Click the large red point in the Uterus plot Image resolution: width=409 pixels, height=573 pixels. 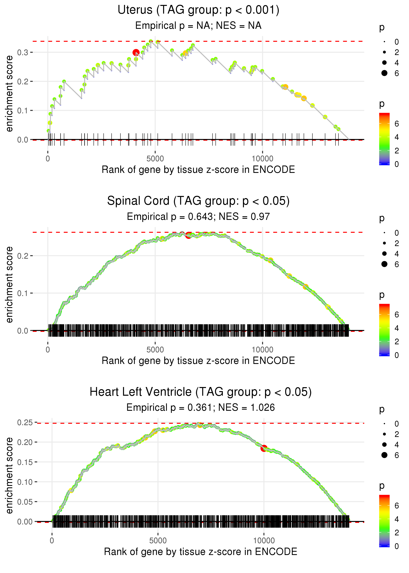coord(136,52)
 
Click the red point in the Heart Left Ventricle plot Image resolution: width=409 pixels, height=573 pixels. coord(264,448)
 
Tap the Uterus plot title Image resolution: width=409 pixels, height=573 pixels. coord(198,10)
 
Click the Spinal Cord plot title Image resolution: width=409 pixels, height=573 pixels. coord(198,201)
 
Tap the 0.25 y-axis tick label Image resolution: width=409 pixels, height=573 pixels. coord(25,423)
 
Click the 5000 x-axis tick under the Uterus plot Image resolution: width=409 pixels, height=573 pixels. coord(155,159)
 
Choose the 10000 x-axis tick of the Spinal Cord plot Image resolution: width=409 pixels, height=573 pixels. coord(262,350)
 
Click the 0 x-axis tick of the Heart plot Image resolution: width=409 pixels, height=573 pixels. coord(52,540)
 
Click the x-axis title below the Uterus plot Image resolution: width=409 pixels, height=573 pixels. coord(198,170)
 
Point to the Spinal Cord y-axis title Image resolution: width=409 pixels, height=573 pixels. coord(9,285)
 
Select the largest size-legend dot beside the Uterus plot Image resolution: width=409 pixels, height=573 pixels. coord(384,73)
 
